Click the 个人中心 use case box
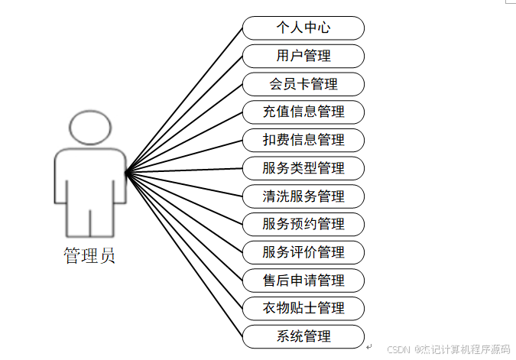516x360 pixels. [303, 28]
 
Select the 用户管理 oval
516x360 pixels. [303, 56]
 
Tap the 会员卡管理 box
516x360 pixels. [303, 84]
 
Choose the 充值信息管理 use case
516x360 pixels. [303, 112]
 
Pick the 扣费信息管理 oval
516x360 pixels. [303, 140]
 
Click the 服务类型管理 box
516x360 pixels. [303, 168]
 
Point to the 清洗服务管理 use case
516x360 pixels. [303, 196]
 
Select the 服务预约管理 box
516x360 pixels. [303, 224]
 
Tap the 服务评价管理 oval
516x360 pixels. [303, 252]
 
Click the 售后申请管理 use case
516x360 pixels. [303, 281]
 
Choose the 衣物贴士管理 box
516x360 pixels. [303, 308]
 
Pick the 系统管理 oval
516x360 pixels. [303, 336]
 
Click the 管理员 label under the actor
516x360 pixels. [89, 255]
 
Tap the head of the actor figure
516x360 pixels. [90, 126]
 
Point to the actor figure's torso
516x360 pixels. [90, 176]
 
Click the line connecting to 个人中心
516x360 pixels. [184, 99]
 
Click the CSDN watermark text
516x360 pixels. [448, 349]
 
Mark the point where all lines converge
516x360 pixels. [125, 172]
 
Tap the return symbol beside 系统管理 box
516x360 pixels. [368, 346]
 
